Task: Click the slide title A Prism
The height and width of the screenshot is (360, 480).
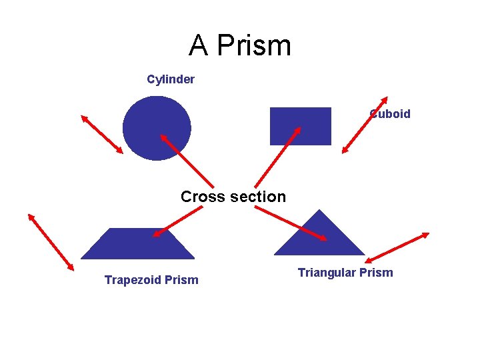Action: tap(240, 45)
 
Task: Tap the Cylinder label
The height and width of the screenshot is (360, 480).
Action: tap(171, 79)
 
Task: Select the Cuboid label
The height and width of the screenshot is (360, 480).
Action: tap(391, 114)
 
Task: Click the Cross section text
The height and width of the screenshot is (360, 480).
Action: tap(233, 197)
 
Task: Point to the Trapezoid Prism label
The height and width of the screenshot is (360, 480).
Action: tap(151, 280)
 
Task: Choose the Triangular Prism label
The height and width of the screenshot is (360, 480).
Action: tap(345, 273)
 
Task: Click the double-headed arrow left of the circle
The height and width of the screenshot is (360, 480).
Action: tap(102, 134)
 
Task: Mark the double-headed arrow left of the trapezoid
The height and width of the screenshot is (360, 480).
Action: tap(51, 241)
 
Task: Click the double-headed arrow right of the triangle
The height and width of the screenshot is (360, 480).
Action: tap(397, 247)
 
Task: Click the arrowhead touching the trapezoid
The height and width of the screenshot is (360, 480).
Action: tap(156, 233)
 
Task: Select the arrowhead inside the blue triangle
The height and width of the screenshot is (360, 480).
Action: tap(323, 238)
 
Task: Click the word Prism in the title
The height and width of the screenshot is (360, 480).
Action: tap(255, 45)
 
